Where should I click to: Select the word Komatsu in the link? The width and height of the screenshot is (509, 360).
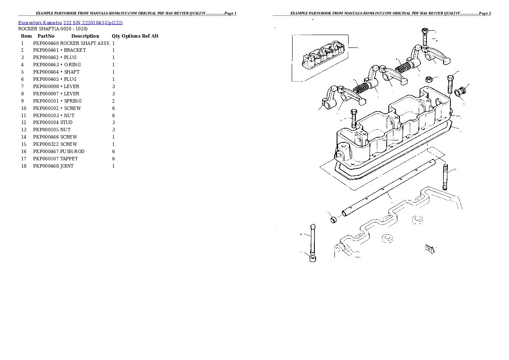pyautogui.click(x=52, y=23)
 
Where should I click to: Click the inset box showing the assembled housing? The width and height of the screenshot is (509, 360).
pyautogui.click(x=320, y=57)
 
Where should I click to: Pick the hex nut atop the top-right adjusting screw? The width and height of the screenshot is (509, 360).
pyautogui.click(x=425, y=31)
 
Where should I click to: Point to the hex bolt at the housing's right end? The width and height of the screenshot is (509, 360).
pyautogui.click(x=450, y=85)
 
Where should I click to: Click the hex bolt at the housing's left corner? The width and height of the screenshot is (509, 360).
pyautogui.click(x=354, y=118)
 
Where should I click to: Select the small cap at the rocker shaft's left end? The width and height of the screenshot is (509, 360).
pyautogui.click(x=333, y=220)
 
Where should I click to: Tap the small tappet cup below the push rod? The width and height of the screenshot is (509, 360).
pyautogui.click(x=313, y=259)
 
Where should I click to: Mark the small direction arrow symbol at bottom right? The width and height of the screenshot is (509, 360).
pyautogui.click(x=429, y=248)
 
